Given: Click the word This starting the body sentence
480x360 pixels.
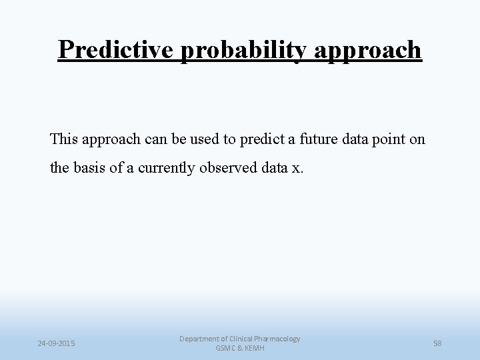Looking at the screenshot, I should point(64,139).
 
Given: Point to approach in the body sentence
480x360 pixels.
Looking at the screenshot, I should point(111,139).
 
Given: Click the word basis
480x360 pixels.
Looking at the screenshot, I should point(88,168).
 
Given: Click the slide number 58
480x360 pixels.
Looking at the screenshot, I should point(438,343).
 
